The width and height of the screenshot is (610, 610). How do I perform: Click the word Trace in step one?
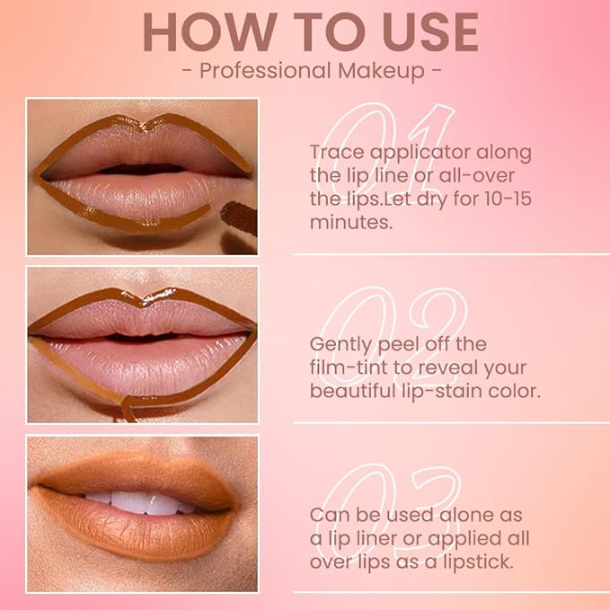click(336, 152)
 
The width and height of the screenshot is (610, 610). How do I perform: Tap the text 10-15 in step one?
click(502, 199)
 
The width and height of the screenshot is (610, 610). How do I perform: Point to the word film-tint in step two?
click(347, 367)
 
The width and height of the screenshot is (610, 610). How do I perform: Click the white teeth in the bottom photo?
click(135, 502)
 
